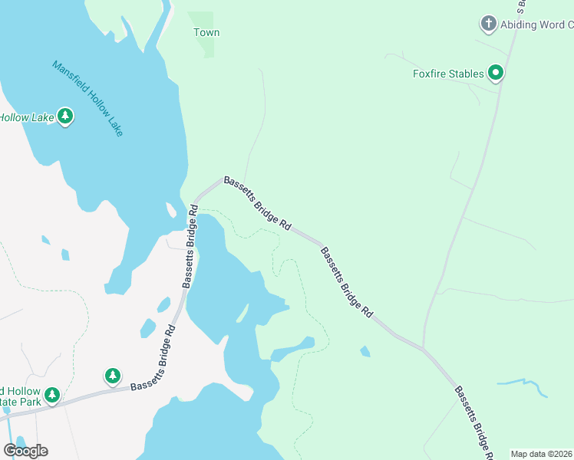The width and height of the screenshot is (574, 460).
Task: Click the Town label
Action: tap(206, 32)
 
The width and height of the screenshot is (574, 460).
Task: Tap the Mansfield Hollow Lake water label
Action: tap(87, 99)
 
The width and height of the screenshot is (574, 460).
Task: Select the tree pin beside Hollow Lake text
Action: tap(65, 117)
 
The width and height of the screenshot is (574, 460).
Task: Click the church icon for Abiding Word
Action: tap(488, 24)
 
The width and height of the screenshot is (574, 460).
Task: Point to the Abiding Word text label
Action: tap(536, 25)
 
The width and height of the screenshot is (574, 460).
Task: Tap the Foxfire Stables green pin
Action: tap(496, 74)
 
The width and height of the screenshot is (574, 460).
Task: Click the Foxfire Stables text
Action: tap(448, 74)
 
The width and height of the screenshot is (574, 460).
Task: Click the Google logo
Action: tap(25, 450)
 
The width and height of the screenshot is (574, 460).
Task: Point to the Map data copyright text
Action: tap(542, 454)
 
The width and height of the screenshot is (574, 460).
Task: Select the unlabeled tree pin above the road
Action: tap(113, 376)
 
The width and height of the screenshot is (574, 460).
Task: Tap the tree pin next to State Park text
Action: tap(51, 396)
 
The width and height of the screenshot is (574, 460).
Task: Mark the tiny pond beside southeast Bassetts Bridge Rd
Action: tap(365, 352)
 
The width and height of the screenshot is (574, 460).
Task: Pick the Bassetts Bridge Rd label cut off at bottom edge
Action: tap(473, 422)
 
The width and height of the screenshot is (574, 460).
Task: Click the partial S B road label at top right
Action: tap(522, 6)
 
